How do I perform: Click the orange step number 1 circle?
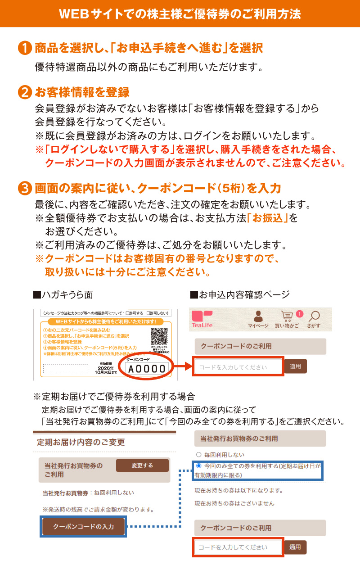(x=25, y=48)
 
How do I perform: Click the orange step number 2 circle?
(x=25, y=92)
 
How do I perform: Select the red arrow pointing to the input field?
(x=182, y=367)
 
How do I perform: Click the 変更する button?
(x=142, y=466)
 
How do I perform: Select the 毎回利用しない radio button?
(x=198, y=455)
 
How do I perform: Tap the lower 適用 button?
(x=295, y=547)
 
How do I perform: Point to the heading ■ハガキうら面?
(x=63, y=295)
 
